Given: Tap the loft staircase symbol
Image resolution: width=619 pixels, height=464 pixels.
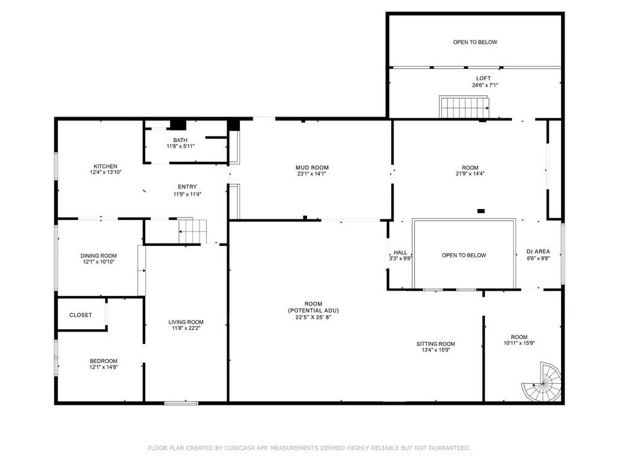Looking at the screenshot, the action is [x=464, y=107].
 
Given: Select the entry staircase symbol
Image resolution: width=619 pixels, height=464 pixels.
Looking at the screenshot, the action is [x=192, y=231].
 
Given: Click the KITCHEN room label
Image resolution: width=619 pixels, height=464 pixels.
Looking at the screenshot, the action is [x=105, y=167].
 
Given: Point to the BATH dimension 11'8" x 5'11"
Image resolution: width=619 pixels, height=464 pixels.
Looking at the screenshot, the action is [x=180, y=146].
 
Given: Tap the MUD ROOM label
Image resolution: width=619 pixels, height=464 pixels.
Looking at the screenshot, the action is [x=312, y=168].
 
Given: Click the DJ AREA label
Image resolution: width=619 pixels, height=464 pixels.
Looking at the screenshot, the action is [x=538, y=252].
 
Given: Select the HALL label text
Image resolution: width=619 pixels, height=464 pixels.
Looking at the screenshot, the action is [x=400, y=253].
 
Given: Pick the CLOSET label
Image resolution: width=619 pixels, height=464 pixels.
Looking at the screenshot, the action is [x=80, y=315].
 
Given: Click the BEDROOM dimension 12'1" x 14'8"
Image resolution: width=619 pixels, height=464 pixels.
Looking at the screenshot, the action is [x=103, y=367].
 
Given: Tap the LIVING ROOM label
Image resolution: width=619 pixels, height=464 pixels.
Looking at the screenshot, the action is [x=186, y=322].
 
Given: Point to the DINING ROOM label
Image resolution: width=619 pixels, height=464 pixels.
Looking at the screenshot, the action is [x=99, y=256].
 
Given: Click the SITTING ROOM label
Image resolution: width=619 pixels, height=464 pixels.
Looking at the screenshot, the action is [x=435, y=344].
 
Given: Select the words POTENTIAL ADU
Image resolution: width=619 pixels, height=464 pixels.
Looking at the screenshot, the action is [x=314, y=311].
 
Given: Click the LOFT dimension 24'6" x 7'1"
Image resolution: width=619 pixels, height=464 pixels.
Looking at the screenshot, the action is [x=485, y=85].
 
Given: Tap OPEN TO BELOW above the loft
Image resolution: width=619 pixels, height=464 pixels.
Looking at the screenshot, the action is [x=475, y=42].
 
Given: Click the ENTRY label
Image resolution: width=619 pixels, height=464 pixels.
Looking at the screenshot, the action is [x=187, y=187].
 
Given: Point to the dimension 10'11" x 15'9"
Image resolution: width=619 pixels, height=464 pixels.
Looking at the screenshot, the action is [x=519, y=343].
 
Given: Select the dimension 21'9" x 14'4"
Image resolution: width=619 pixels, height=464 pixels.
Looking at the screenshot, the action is [x=470, y=173].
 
